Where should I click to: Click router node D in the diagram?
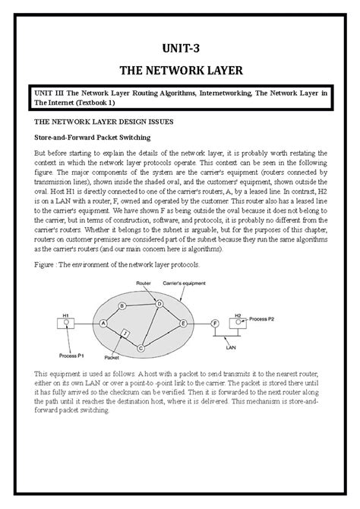coord(159,303)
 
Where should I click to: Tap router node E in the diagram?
coord(182,322)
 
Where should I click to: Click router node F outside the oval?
coord(215,322)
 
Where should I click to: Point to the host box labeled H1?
coord(68,321)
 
